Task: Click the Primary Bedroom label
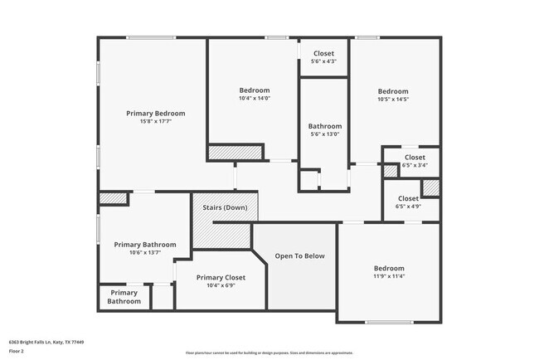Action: pyautogui.click(x=155, y=113)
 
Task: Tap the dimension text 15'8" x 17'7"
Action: pyautogui.click(x=155, y=121)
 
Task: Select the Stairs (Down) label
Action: pyautogui.click(x=224, y=207)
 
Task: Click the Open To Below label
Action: pyautogui.click(x=299, y=255)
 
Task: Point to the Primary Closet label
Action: pyautogui.click(x=221, y=277)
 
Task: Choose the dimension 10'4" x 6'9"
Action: pyautogui.click(x=221, y=285)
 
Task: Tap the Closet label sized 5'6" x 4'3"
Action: pyautogui.click(x=323, y=53)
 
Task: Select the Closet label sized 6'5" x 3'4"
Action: pyautogui.click(x=415, y=157)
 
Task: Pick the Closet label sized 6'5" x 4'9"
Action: pyautogui.click(x=408, y=198)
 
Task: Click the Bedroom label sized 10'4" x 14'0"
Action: pyautogui.click(x=255, y=90)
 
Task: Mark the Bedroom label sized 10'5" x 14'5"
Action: pyautogui.click(x=393, y=91)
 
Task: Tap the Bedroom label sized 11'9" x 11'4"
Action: pyautogui.click(x=388, y=268)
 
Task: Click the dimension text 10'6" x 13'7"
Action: pyautogui.click(x=145, y=253)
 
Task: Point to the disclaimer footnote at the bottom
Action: pyautogui.click(x=269, y=353)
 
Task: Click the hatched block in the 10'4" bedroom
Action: pyautogui.click(x=235, y=152)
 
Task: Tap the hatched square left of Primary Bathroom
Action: pyautogui.click(x=113, y=198)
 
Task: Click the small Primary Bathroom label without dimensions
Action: pyautogui.click(x=124, y=297)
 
